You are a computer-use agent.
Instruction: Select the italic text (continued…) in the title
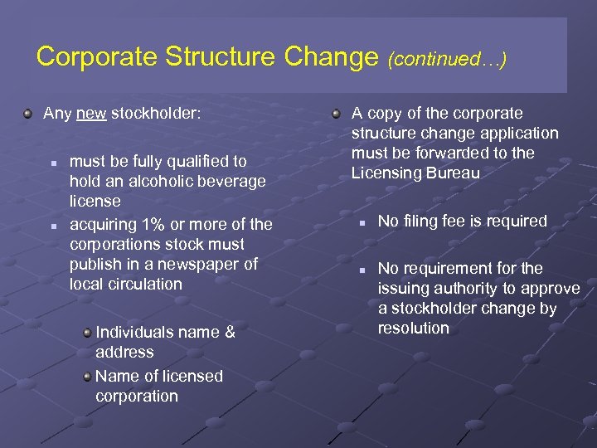(x=447, y=59)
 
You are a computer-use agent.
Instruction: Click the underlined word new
(x=91, y=114)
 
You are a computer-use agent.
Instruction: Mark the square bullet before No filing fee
(x=361, y=222)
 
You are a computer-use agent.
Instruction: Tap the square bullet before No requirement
(x=361, y=270)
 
